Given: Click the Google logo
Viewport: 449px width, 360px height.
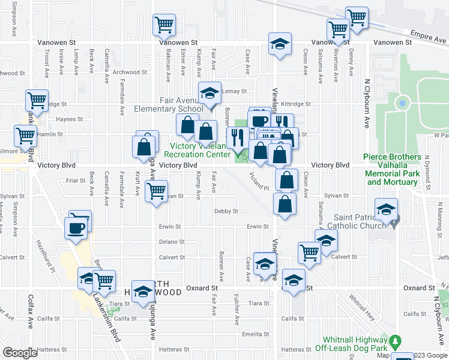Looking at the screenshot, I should pyautogui.click(x=20, y=353).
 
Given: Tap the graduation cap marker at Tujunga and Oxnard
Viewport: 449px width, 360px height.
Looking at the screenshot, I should pyautogui.click(x=143, y=292).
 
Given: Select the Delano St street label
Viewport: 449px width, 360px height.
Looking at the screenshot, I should pyautogui.click(x=172, y=242).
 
